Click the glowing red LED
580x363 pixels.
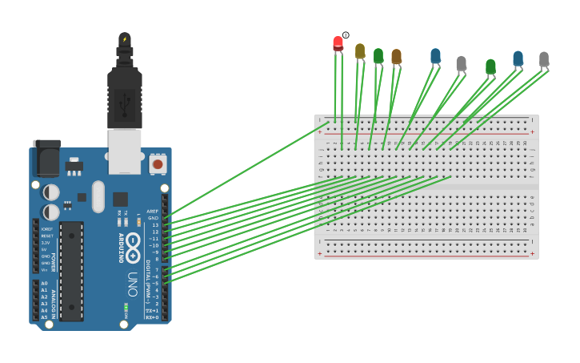[x=338, y=43]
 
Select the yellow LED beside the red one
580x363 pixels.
[x=360, y=51]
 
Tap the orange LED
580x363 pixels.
[x=396, y=56]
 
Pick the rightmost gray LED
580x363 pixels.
[x=544, y=58]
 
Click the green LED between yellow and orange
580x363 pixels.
[x=378, y=55]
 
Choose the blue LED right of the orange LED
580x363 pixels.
[x=435, y=55]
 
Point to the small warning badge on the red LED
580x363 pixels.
[x=346, y=35]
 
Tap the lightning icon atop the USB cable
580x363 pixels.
[x=125, y=38]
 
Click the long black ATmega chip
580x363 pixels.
[x=71, y=271]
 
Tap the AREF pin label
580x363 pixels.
[x=152, y=212]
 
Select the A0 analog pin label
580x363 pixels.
[x=44, y=284]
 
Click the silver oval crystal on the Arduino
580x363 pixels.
[x=98, y=196]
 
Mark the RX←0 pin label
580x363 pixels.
[x=151, y=317]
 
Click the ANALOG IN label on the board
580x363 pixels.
[x=54, y=300]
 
